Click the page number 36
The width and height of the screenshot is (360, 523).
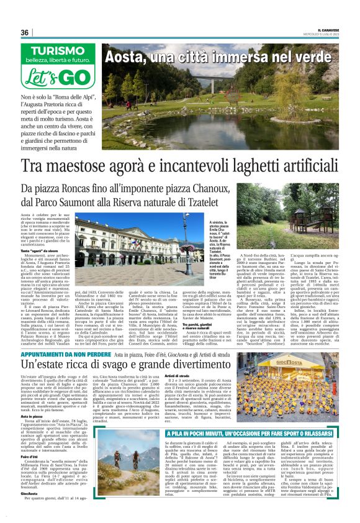(25, 32)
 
